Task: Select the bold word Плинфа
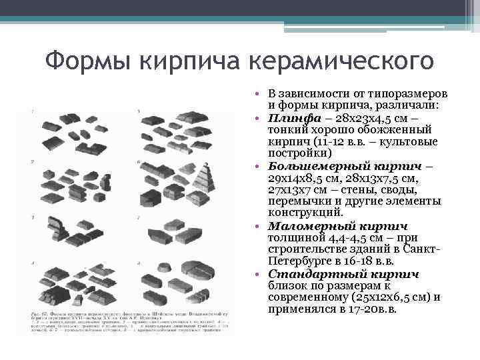293,118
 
